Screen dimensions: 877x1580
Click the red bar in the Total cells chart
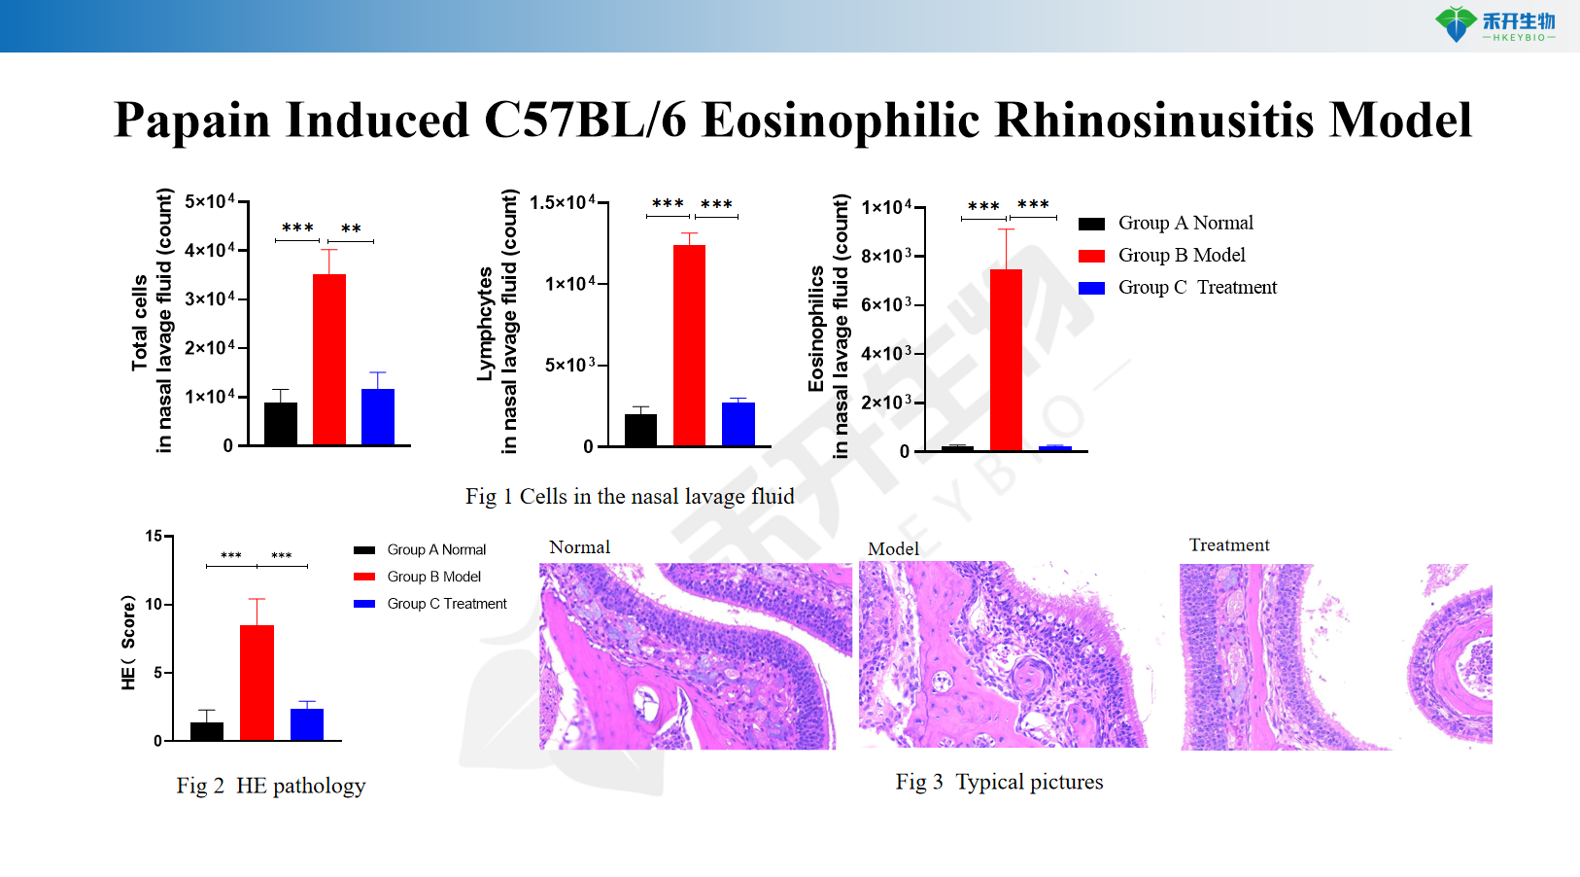tap(328, 360)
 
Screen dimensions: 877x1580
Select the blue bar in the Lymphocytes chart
tap(738, 424)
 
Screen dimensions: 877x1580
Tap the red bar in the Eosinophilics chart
tap(1006, 360)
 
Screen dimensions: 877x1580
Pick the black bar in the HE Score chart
tap(207, 731)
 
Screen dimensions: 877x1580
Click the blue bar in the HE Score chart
tap(307, 724)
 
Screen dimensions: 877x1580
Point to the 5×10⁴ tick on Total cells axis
tap(210, 201)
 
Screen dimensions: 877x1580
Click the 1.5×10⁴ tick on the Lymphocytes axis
tap(563, 202)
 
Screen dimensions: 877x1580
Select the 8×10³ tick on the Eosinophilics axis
tap(886, 256)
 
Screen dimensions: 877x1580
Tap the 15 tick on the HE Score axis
tap(155, 536)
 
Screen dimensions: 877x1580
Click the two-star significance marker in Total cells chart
tap(351, 229)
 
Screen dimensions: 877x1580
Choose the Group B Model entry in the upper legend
tap(1181, 255)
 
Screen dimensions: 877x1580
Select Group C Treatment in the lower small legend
tap(446, 604)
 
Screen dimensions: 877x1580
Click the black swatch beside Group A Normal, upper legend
tap(1091, 224)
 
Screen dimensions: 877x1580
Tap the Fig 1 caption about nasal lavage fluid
tap(630, 497)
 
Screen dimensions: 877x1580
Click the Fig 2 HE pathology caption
tap(271, 786)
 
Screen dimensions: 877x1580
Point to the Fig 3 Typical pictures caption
tap(999, 782)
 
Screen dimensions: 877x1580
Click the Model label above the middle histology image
tap(893, 549)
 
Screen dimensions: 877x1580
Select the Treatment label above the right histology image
tap(1229, 545)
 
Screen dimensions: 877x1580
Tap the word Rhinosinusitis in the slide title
tap(1155, 121)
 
